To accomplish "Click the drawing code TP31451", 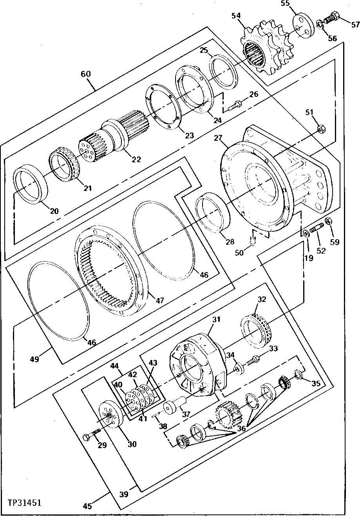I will click(x=24, y=502).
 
